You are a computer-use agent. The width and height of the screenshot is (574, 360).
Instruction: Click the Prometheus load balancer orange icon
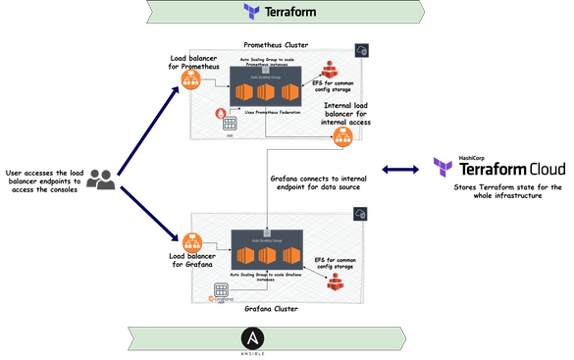[x=189, y=80]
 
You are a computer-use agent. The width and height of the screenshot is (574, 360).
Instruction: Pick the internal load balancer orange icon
[x=340, y=138]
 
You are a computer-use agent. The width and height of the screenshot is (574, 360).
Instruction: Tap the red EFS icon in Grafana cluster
[x=337, y=282]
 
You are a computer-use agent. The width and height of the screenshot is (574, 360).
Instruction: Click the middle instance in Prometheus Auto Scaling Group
[x=265, y=93]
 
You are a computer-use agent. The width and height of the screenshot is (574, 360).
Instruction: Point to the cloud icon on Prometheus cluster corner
[x=361, y=49]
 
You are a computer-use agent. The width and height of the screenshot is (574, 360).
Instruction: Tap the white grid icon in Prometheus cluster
[x=230, y=125]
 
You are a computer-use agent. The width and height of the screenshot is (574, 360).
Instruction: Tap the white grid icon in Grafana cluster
[x=222, y=289]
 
